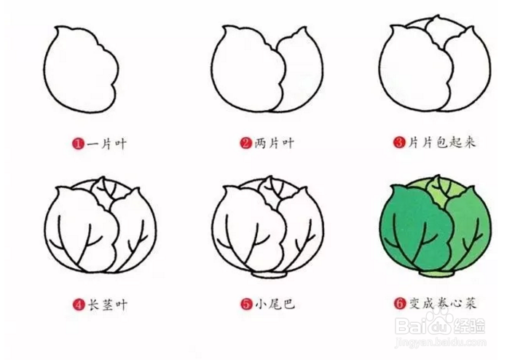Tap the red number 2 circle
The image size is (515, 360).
[245, 144]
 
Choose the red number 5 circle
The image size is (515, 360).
[245, 305]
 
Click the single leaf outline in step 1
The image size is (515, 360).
[80, 73]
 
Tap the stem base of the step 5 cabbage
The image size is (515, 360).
[270, 276]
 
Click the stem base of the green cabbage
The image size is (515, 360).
[435, 275]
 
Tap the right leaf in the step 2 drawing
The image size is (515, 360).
[300, 73]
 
